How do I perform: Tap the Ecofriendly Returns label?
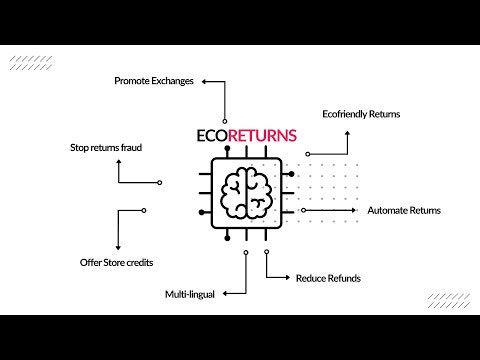pyautogui.click(x=361, y=114)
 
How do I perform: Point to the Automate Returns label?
pyautogui.click(x=404, y=211)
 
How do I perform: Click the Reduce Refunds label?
pyautogui.click(x=328, y=277)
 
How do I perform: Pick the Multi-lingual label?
pyautogui.click(x=190, y=295)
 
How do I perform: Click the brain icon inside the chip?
pyautogui.click(x=247, y=191)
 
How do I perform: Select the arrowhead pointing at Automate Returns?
pyautogui.click(x=361, y=211)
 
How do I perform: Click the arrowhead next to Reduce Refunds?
pyautogui.click(x=288, y=277)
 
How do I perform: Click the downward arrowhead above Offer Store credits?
pyautogui.click(x=118, y=246)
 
